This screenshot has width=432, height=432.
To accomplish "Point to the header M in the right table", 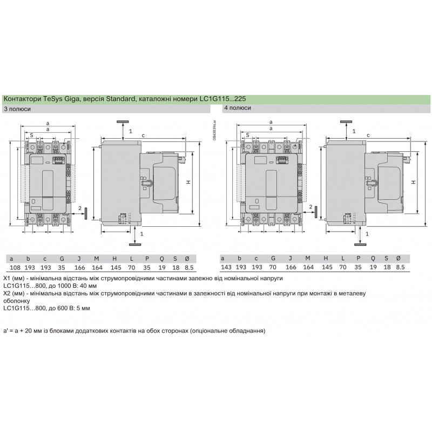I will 307,258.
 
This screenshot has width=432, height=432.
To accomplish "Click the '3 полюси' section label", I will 17,109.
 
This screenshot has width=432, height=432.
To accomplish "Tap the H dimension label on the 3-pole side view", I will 188,182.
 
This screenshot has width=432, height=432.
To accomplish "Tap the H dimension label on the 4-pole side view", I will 413,182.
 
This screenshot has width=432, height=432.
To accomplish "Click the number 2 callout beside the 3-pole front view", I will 79,208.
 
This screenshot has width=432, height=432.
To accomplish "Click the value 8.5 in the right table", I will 400,267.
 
